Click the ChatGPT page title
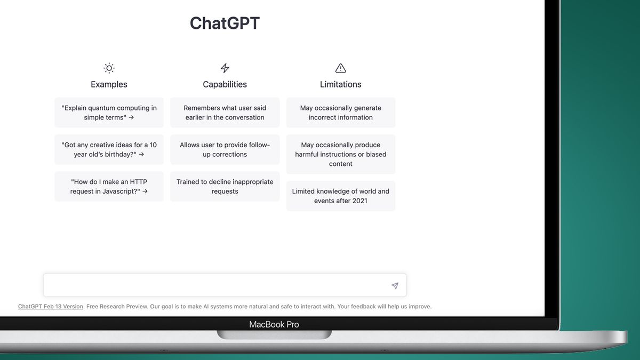coord(225,23)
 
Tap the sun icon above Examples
coord(109,68)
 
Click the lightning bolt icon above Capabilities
coord(225,68)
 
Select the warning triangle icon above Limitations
coord(341,68)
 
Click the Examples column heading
coord(109,84)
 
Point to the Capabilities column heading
coord(225,84)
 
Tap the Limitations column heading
coord(341,84)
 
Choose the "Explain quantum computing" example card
coord(109,113)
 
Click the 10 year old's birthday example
coord(109,149)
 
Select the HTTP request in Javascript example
coord(109,186)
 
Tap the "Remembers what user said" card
coord(225,113)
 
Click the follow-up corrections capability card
coord(225,149)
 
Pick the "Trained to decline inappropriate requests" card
coord(225,186)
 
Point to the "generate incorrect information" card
coord(341,113)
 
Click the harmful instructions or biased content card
coord(341,154)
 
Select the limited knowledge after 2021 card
coord(341,196)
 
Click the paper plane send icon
coord(395,286)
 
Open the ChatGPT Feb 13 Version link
coord(51,307)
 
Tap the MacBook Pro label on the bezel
coord(274,324)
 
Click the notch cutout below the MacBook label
coord(274,334)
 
